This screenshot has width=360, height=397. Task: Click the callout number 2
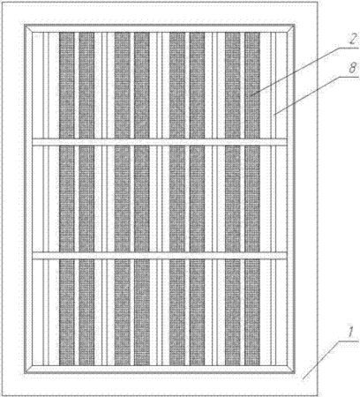tap(351, 39)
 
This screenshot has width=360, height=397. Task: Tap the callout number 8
tap(352, 69)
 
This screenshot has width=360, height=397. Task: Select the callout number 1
tap(350, 333)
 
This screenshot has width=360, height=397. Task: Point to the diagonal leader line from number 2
tap(295, 71)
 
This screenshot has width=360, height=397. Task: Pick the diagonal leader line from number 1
tap(321, 360)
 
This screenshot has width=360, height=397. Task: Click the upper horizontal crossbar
tap(160, 142)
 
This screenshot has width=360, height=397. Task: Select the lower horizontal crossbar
tap(160, 256)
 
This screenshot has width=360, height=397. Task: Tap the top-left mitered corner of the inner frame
tap(28, 28)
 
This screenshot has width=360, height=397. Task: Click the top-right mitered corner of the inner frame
tap(291, 28)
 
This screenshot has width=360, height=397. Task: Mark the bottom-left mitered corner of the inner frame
tap(28, 370)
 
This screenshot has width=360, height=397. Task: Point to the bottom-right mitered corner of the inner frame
tap(291, 370)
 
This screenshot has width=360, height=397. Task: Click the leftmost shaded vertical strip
tap(67, 198)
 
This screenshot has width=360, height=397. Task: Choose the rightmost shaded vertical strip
tap(252, 198)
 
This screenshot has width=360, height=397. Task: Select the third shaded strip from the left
tap(123, 198)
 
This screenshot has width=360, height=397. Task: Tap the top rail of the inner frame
tap(160, 28)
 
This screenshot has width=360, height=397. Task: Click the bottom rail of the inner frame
tap(160, 370)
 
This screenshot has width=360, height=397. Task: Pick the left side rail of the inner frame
tap(28, 198)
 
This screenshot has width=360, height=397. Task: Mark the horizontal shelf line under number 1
tap(349, 341)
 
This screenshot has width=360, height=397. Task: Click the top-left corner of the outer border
tap(3, 3)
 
